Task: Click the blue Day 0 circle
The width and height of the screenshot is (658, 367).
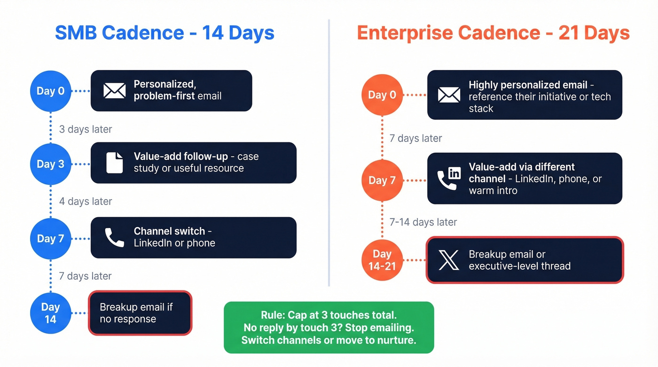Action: pos(50,91)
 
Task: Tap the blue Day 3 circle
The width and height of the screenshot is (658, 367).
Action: pos(50,164)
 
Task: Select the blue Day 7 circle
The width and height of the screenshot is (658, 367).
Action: pos(50,238)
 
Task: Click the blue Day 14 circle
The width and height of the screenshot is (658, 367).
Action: pos(50,313)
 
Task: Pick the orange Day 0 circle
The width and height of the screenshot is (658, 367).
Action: pos(382,95)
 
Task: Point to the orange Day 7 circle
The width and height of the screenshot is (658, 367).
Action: pos(382,180)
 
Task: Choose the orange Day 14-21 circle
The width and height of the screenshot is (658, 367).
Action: pos(382,260)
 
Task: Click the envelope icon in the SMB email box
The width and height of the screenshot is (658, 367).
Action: pos(114,90)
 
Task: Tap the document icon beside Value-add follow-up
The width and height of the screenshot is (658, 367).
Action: pos(114,163)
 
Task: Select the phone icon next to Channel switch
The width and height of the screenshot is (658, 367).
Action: pos(114,238)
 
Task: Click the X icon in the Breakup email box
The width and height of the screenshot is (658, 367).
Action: pos(448,260)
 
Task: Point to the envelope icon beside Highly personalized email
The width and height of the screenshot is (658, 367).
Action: pos(449,95)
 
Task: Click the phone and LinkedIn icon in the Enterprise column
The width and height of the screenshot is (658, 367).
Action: pos(449,179)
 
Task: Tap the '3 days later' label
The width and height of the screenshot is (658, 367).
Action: pos(86,129)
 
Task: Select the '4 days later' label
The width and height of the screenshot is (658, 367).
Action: pos(86,202)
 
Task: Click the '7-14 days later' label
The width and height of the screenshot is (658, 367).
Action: pos(423,222)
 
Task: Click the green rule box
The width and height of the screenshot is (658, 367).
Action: pos(329,328)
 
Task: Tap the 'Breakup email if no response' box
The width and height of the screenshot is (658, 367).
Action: pos(140,313)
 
